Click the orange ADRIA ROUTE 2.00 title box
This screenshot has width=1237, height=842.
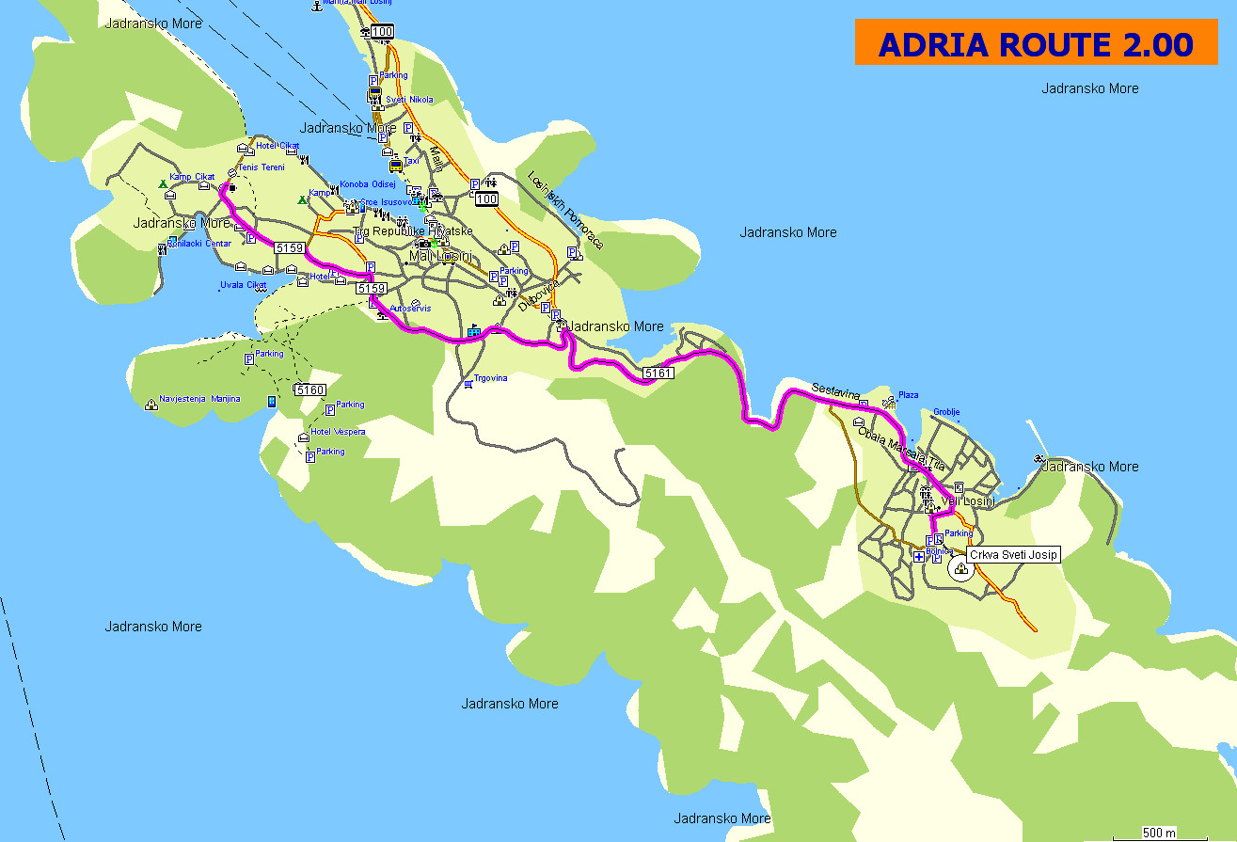[x=1036, y=43]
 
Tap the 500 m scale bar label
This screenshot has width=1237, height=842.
[x=1159, y=833]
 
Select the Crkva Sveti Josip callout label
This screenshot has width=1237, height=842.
[x=1014, y=555]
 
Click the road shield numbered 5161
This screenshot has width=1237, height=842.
[x=658, y=374]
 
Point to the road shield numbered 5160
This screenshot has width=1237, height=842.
[x=309, y=389]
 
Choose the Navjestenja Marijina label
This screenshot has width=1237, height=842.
[x=199, y=399]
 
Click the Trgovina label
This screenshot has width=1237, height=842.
[x=492, y=378]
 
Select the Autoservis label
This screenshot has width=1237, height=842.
[x=410, y=308]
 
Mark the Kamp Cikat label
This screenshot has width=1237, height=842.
[x=192, y=177]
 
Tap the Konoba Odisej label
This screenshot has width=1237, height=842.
[x=368, y=184]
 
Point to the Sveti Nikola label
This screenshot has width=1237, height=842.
[x=410, y=99]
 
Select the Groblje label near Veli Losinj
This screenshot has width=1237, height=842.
[x=946, y=412]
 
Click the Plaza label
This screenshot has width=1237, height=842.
[x=908, y=395]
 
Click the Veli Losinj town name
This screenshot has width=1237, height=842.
[x=968, y=501]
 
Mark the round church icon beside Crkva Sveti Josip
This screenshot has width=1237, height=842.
[x=959, y=567]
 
